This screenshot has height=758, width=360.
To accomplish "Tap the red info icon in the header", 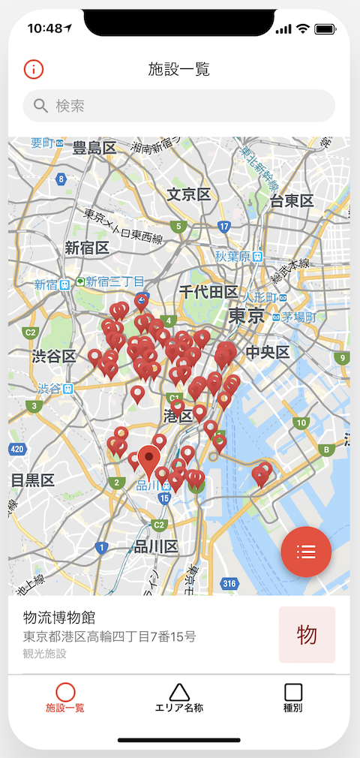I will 34,69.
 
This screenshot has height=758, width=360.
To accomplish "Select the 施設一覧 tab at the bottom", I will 65,698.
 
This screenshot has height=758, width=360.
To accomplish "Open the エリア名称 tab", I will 178,698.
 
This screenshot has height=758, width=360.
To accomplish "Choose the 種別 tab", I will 293,698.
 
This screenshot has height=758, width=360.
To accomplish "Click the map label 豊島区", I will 94,148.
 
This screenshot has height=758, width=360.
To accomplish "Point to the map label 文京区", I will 188,195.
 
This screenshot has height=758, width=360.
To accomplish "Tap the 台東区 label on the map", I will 292,200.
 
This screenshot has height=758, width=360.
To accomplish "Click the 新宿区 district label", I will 87,248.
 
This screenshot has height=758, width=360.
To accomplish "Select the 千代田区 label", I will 208,292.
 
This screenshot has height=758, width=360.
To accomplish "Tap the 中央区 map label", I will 268,351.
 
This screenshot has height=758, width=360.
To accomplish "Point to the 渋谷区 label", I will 54,356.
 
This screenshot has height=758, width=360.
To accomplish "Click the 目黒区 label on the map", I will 32,480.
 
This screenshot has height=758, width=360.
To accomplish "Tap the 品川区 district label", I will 155,546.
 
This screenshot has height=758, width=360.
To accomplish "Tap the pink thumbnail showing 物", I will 307,635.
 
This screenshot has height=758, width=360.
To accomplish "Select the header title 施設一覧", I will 178,70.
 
